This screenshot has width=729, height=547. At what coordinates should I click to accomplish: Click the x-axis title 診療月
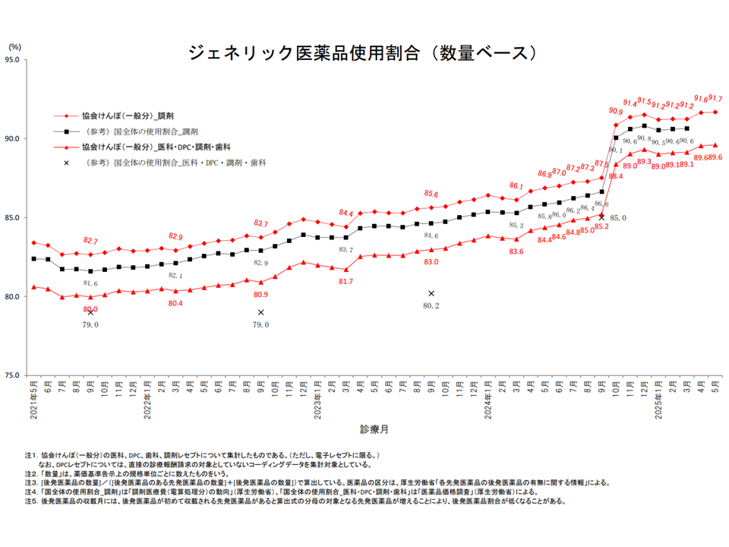pos(375,429)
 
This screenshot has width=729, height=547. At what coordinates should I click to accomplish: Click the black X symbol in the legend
pos(67,162)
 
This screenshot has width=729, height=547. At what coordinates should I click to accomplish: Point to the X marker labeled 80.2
pos(431,293)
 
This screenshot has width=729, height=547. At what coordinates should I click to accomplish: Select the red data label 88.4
pos(615,176)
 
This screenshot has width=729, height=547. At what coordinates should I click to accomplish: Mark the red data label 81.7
pos(346,281)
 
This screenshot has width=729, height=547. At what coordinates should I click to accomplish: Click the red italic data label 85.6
pos(431,194)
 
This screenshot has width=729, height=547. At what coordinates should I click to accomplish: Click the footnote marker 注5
pos(30,501)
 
